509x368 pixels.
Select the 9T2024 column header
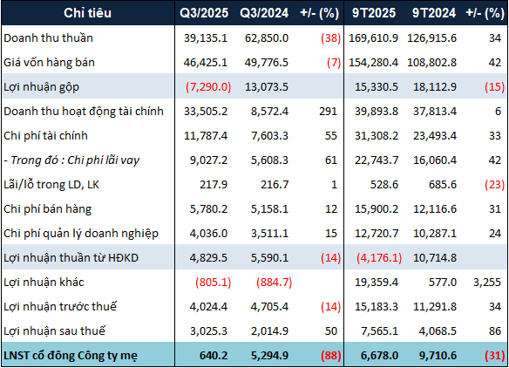(429, 14)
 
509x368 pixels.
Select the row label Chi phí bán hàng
(48, 209)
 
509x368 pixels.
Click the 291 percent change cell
(329, 112)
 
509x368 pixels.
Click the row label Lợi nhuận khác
(44, 283)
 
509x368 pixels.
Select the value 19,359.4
(376, 283)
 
